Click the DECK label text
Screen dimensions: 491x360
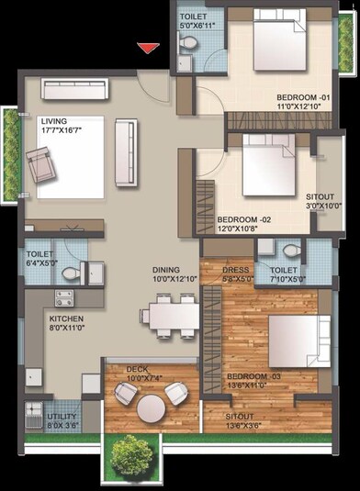(139, 369)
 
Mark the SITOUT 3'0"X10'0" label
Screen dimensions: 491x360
(323, 201)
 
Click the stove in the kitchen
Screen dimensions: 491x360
(64, 297)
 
